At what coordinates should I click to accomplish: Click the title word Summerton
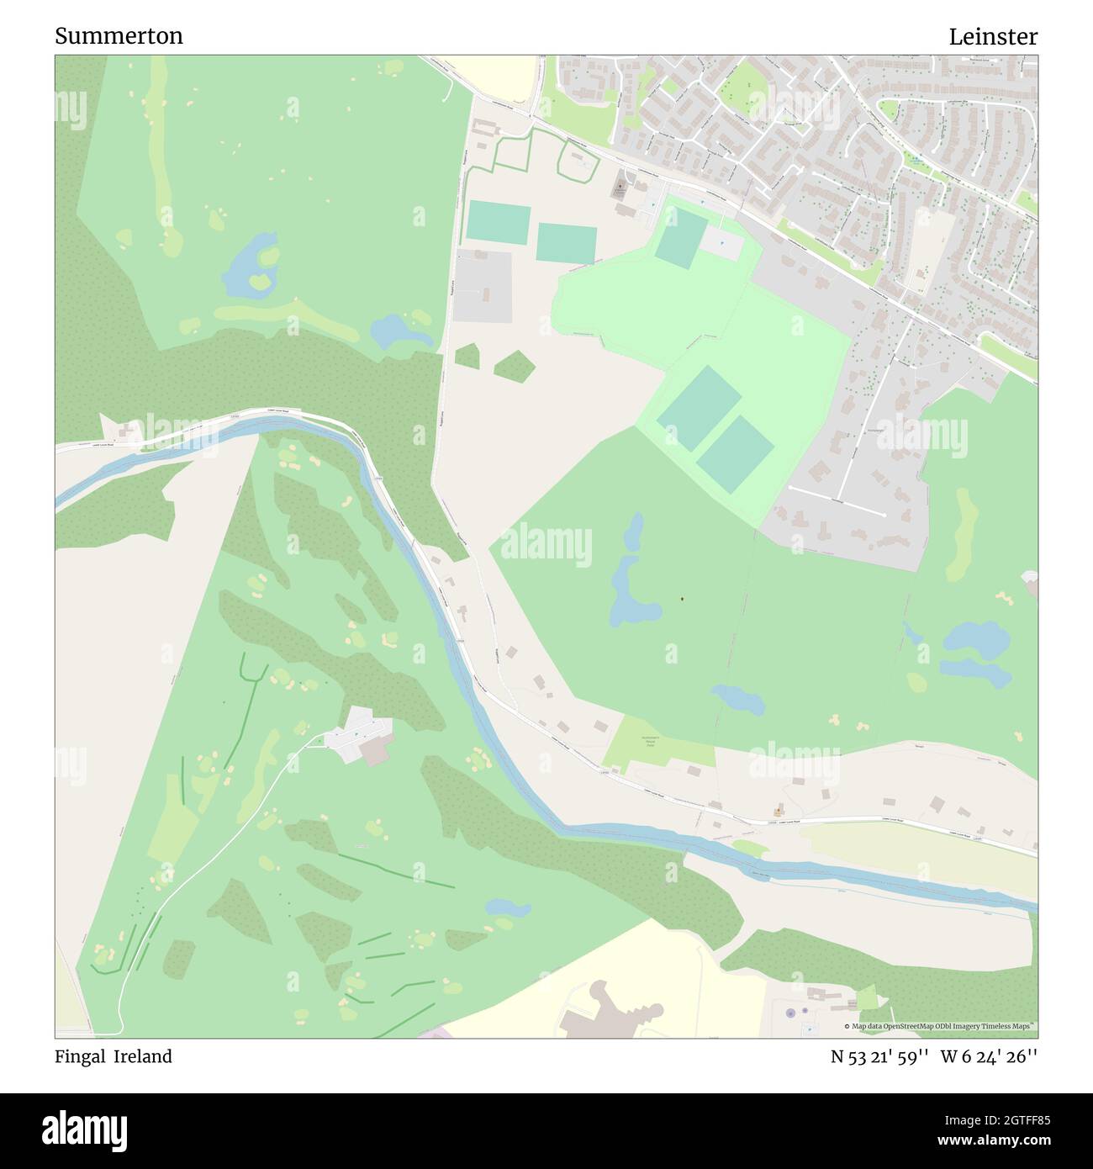(x=119, y=36)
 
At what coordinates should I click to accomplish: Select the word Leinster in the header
(x=993, y=36)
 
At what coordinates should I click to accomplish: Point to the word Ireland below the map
(x=144, y=1056)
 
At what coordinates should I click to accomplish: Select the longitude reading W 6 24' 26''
(x=990, y=1056)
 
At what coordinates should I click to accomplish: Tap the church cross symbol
(x=621, y=180)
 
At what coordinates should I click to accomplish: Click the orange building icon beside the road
(x=779, y=810)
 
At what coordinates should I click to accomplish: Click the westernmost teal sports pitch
(x=498, y=220)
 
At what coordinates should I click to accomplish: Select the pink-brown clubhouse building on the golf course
(x=376, y=751)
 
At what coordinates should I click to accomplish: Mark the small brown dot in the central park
(x=682, y=599)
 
